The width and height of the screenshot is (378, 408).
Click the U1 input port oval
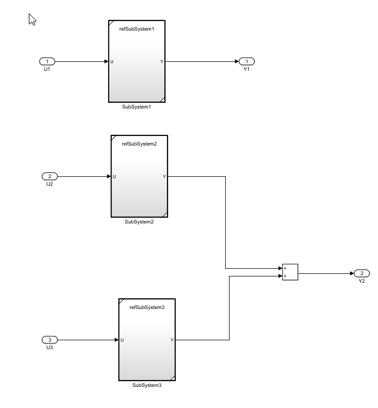click(x=47, y=61)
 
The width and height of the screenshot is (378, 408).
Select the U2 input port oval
click(x=49, y=176)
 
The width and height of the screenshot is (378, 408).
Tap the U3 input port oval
click(x=49, y=340)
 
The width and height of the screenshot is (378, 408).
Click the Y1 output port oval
click(x=247, y=61)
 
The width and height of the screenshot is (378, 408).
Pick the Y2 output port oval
click(x=362, y=273)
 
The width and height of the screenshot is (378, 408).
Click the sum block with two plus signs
click(x=290, y=272)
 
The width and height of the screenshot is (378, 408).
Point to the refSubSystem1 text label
click(x=137, y=29)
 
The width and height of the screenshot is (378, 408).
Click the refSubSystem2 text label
click(x=139, y=144)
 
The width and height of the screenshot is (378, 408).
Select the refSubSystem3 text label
click(x=147, y=307)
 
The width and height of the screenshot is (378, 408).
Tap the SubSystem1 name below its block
click(x=137, y=107)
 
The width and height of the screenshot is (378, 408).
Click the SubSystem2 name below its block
click(x=139, y=222)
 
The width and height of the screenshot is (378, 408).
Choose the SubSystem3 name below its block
click(x=146, y=385)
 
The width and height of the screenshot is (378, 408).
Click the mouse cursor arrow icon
click(x=32, y=20)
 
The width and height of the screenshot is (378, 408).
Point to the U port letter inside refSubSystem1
click(x=112, y=62)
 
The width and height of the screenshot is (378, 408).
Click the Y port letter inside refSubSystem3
click(x=172, y=340)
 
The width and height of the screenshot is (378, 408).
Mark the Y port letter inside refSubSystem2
click(x=164, y=177)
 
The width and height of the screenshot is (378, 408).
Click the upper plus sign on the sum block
click(x=285, y=268)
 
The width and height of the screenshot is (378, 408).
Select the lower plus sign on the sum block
click(x=285, y=276)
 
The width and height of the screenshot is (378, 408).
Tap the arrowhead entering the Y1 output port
click(x=237, y=61)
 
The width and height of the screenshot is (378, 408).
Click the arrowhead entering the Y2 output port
click(x=352, y=273)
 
